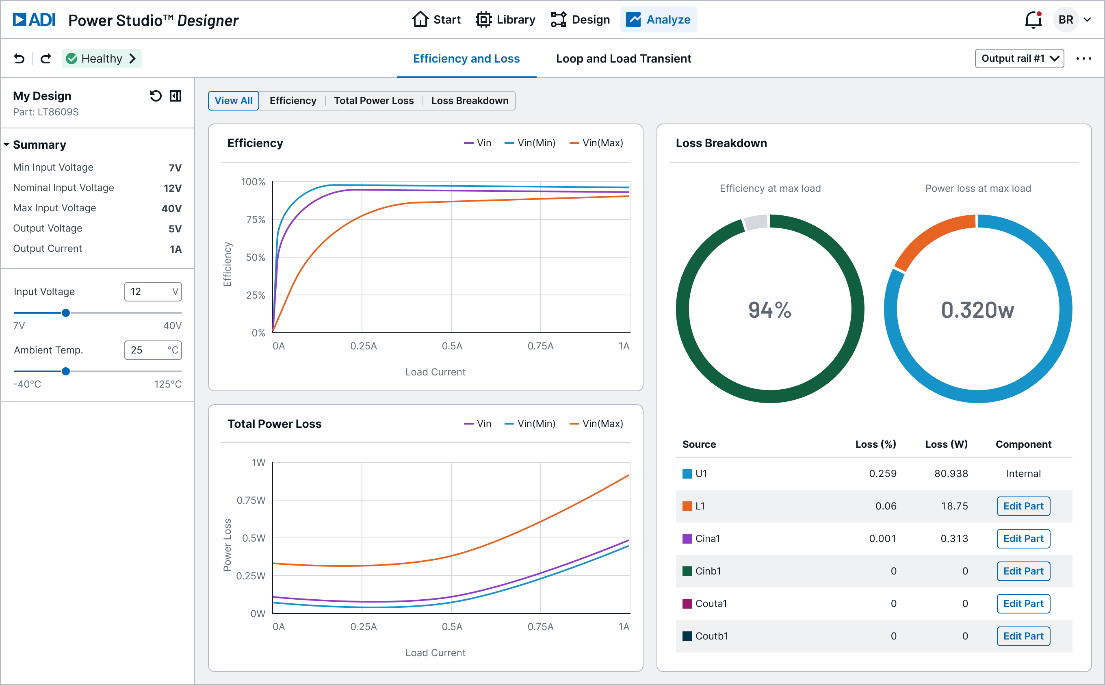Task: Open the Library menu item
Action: pyautogui.click(x=505, y=20)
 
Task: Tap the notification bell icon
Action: pyautogui.click(x=1033, y=20)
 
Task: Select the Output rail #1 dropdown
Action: pyautogui.click(x=1019, y=59)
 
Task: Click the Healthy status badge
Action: pyautogui.click(x=102, y=59)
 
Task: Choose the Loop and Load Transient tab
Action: pyautogui.click(x=623, y=59)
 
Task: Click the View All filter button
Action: pyautogui.click(x=233, y=101)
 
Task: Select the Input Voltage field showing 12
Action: pyautogui.click(x=153, y=291)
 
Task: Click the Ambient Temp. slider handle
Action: pyautogui.click(x=66, y=371)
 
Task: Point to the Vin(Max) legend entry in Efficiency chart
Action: pyautogui.click(x=596, y=143)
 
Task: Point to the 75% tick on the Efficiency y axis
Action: pyautogui.click(x=256, y=220)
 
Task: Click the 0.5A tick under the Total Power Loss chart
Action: pyautogui.click(x=451, y=626)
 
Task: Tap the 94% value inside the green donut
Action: pyautogui.click(x=769, y=310)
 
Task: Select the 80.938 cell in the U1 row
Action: pyautogui.click(x=951, y=473)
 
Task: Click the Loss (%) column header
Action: pyautogui.click(x=875, y=444)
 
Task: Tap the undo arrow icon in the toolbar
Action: pyautogui.click(x=19, y=59)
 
